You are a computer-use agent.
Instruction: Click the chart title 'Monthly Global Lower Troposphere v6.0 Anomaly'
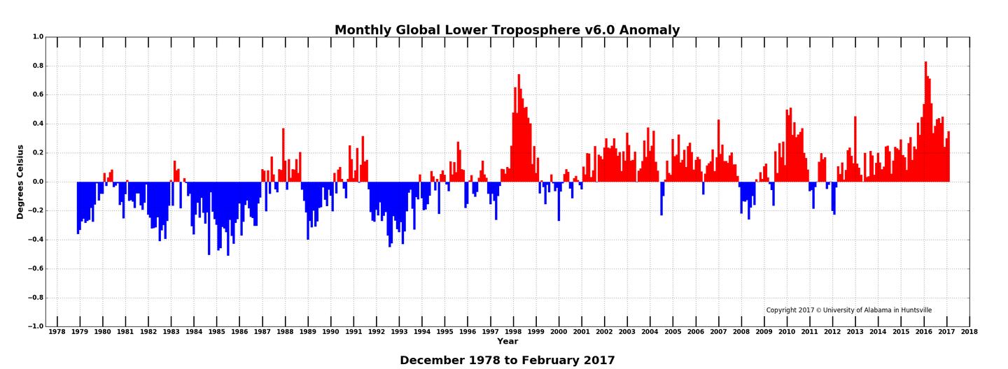(x=507, y=30)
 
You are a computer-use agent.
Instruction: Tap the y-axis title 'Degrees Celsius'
(x=20, y=182)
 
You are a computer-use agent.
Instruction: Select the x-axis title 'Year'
(x=507, y=341)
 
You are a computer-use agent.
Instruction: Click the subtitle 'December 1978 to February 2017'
(x=507, y=361)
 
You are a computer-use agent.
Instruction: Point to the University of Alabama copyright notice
(x=848, y=310)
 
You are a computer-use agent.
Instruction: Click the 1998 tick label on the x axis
(x=513, y=332)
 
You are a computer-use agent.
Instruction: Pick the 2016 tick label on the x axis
(x=924, y=332)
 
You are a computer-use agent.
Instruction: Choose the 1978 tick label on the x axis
(x=57, y=332)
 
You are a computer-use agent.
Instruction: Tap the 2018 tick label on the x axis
(x=969, y=332)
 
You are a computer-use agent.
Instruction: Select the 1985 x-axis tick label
(x=216, y=332)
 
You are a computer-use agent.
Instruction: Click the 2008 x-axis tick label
(x=741, y=332)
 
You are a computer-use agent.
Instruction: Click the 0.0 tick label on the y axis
(x=38, y=182)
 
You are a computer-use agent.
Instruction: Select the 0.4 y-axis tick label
(x=38, y=124)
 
